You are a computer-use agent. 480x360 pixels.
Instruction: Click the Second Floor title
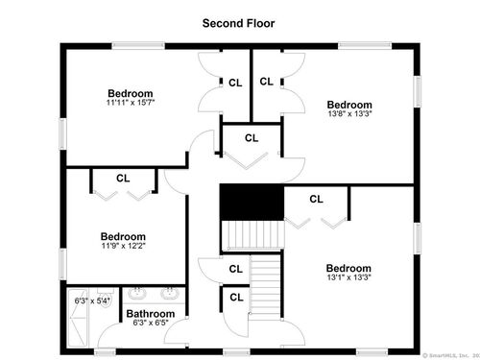pos(238,23)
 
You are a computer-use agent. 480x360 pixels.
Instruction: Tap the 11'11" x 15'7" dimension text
pos(131,103)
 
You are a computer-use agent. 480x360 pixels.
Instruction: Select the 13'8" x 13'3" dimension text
pos(349,113)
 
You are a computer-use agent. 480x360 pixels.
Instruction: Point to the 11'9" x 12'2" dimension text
pos(124,246)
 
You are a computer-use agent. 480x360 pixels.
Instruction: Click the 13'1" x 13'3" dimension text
pos(348,277)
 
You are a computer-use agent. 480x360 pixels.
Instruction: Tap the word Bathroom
pos(151,314)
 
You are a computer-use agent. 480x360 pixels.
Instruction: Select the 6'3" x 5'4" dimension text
pos(92,300)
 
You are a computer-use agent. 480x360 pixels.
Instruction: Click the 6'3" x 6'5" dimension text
pos(151,323)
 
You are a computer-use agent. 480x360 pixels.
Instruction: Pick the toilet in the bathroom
pos(106,298)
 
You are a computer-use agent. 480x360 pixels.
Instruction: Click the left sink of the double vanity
pos(137,293)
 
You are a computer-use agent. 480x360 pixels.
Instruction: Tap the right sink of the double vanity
pos(170,293)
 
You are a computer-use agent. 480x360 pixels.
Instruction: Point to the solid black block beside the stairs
pos(252,203)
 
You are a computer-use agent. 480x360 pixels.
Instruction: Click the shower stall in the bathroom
pos(79,318)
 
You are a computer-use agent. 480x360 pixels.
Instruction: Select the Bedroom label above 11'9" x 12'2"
pos(123,236)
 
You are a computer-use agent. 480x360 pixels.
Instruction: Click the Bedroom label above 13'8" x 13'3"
pos(349,105)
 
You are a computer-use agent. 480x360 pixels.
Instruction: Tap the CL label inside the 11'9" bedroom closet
pos(123,179)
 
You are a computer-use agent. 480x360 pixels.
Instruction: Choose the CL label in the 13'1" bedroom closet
pos(316,199)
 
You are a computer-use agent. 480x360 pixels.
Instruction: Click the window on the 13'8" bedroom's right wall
pos(418,91)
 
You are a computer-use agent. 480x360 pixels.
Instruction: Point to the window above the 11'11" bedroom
pos(138,46)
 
